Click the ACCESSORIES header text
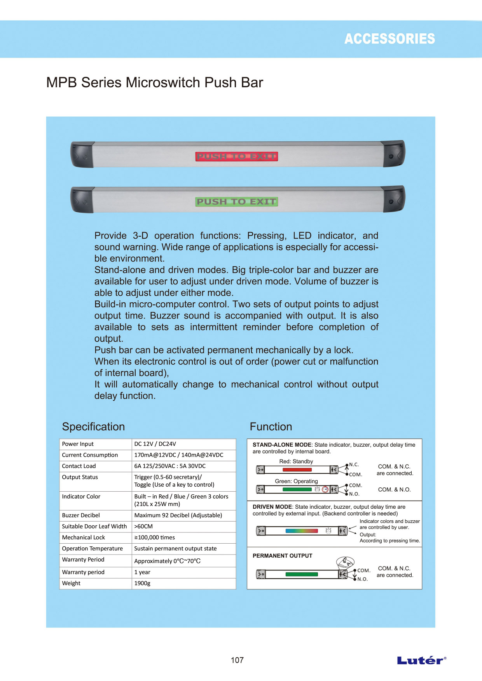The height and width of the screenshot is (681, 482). [389, 39]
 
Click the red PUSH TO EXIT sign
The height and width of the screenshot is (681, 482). [236, 156]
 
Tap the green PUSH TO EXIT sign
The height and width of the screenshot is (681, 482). [236, 201]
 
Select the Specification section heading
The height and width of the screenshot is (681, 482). [93, 426]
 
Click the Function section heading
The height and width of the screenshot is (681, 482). [271, 426]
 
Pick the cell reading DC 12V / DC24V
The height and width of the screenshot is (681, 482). [155, 444]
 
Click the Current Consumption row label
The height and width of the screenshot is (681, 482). [90, 455]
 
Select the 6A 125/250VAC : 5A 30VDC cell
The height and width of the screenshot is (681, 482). [170, 466]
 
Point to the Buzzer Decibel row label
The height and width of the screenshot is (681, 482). [81, 515]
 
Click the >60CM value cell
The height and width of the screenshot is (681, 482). [143, 527]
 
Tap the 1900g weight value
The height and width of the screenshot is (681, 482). [142, 583]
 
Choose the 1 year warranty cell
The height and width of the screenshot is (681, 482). [142, 572]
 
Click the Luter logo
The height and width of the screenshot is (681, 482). [421, 660]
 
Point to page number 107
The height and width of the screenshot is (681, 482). [237, 660]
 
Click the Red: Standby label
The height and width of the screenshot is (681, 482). [296, 461]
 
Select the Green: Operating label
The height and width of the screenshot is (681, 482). [296, 481]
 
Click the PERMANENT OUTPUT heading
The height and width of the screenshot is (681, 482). [282, 556]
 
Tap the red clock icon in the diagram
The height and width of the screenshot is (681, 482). [325, 489]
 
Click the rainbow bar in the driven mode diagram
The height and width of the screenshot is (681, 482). [302, 531]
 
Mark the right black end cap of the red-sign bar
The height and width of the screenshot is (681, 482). [394, 154]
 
